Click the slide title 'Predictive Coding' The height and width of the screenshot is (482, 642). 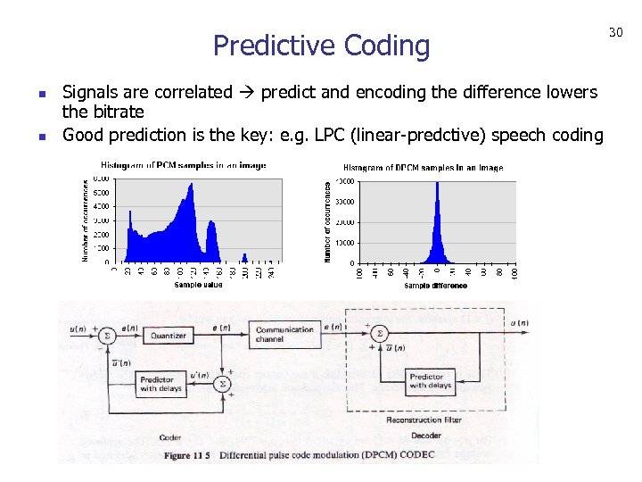point(321,45)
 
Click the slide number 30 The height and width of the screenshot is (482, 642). point(615,33)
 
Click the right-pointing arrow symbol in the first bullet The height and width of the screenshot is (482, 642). point(250,93)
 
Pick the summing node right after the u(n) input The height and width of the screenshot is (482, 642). point(106,336)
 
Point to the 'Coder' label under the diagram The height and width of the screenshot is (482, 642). point(170,437)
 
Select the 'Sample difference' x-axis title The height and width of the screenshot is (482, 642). point(435,286)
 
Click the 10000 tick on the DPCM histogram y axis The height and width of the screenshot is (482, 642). point(343,243)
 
